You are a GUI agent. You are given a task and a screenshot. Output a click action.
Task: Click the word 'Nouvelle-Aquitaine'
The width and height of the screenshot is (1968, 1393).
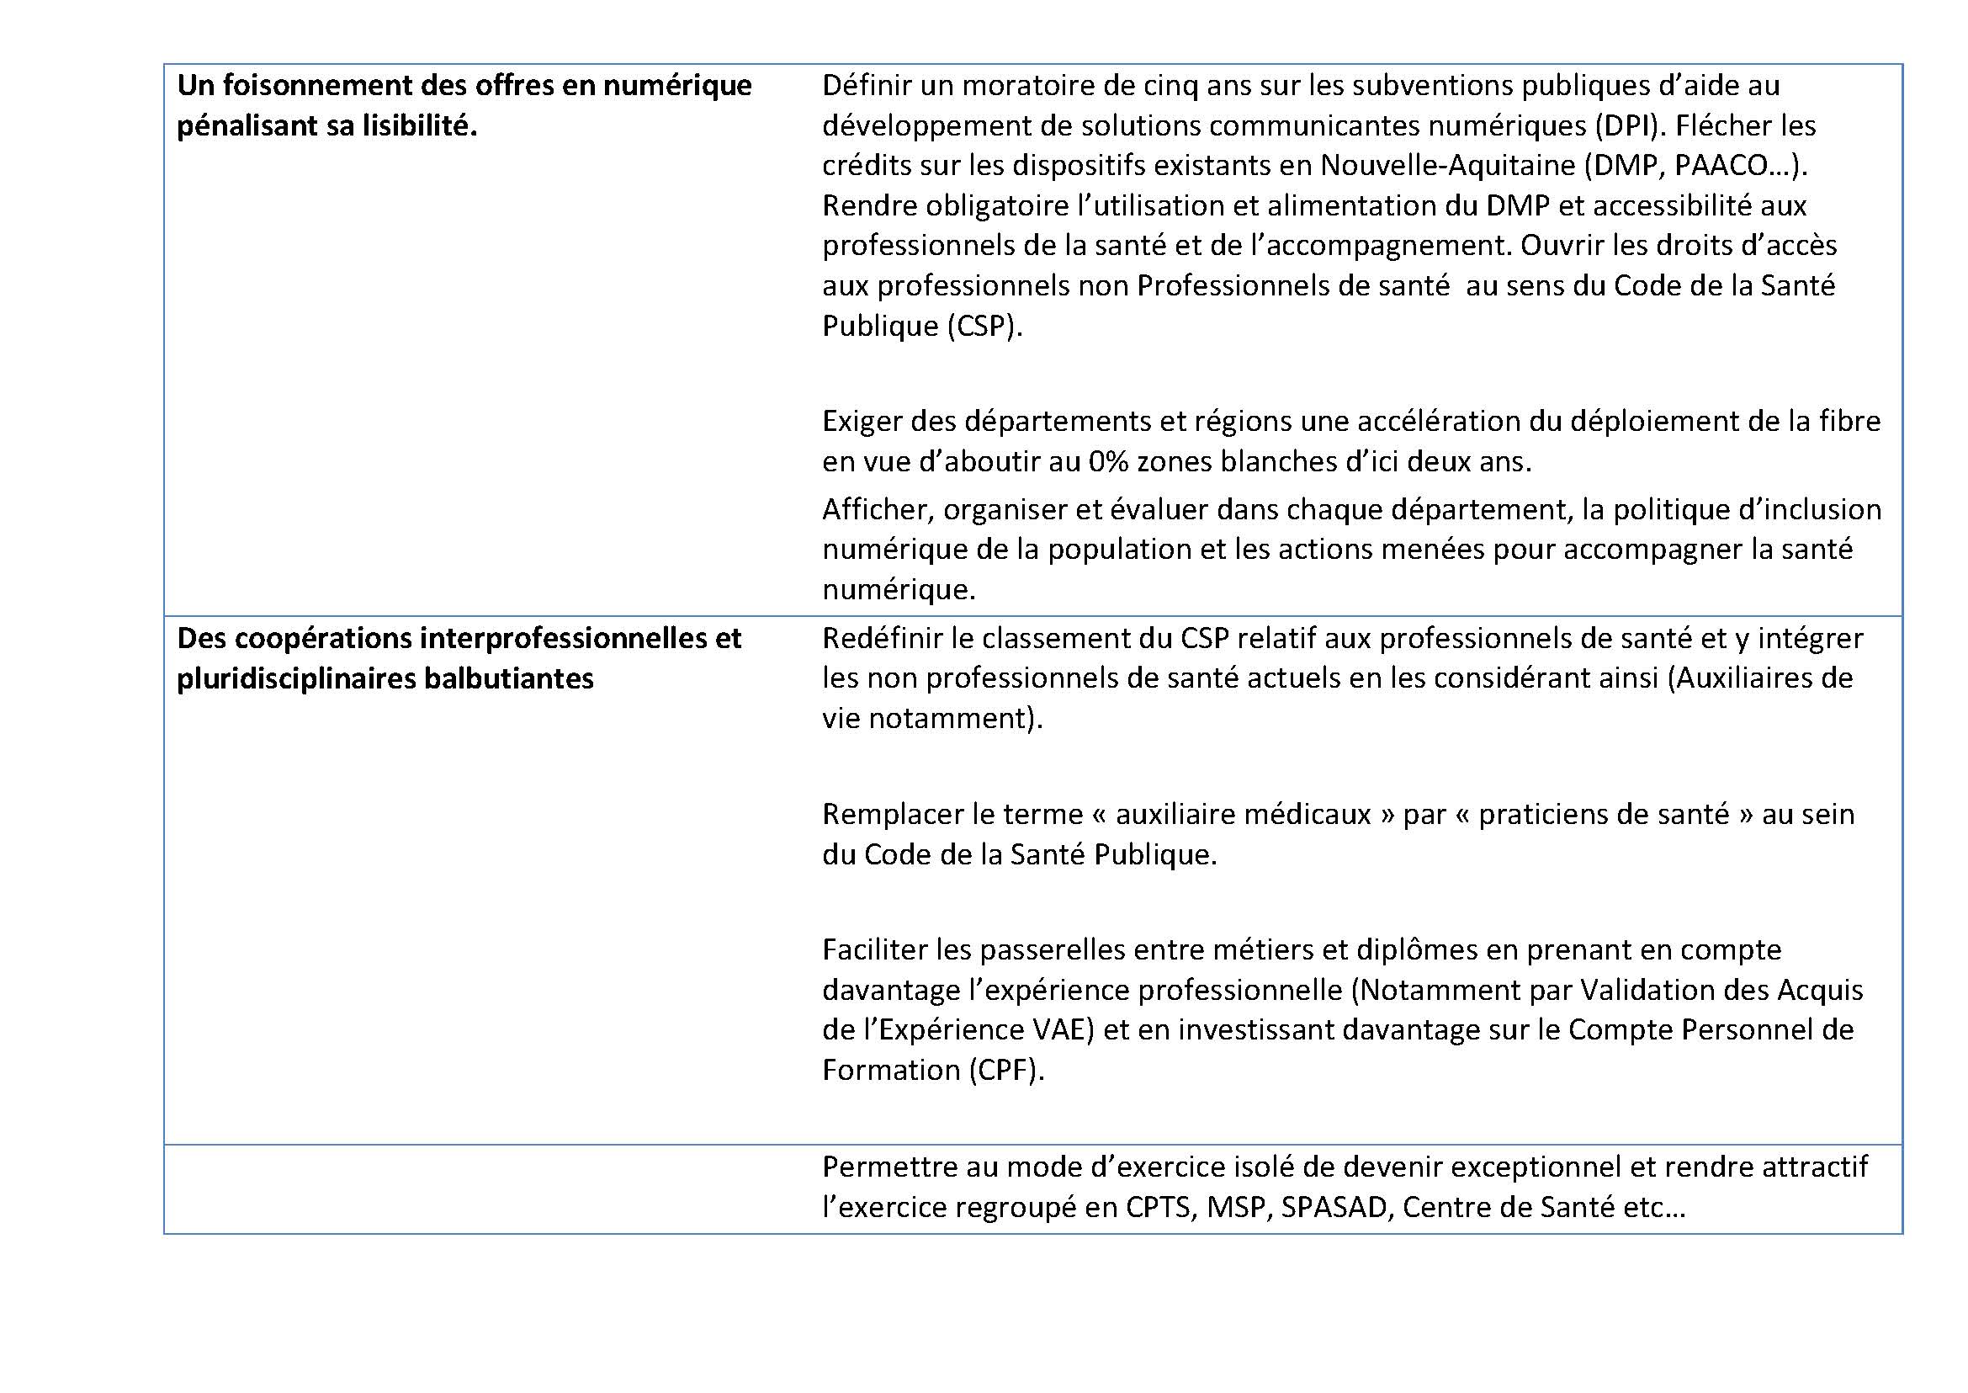[1447, 166]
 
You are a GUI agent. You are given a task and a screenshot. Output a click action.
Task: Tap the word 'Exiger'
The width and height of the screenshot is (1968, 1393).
[862, 422]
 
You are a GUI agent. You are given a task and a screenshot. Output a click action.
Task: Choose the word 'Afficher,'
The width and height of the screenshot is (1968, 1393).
[879, 510]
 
